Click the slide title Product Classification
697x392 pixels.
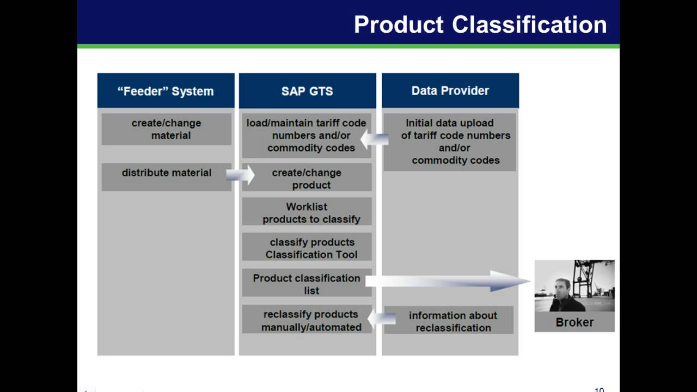(480, 24)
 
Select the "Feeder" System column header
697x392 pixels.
(166, 91)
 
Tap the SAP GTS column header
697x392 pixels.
(307, 91)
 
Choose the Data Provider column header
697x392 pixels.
(450, 91)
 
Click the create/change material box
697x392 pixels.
(166, 129)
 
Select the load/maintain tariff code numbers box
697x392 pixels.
(307, 135)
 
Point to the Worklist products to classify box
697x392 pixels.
(307, 212)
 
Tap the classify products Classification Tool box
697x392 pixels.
(307, 248)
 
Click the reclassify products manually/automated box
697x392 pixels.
(307, 320)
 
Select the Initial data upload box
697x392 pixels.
(450, 142)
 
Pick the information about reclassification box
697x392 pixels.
(450, 321)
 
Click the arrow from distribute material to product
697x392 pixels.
(240, 175)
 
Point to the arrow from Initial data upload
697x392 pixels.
(375, 140)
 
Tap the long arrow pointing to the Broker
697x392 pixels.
(447, 281)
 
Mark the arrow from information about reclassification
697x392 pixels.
(377, 317)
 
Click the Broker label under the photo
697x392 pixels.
(574, 322)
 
